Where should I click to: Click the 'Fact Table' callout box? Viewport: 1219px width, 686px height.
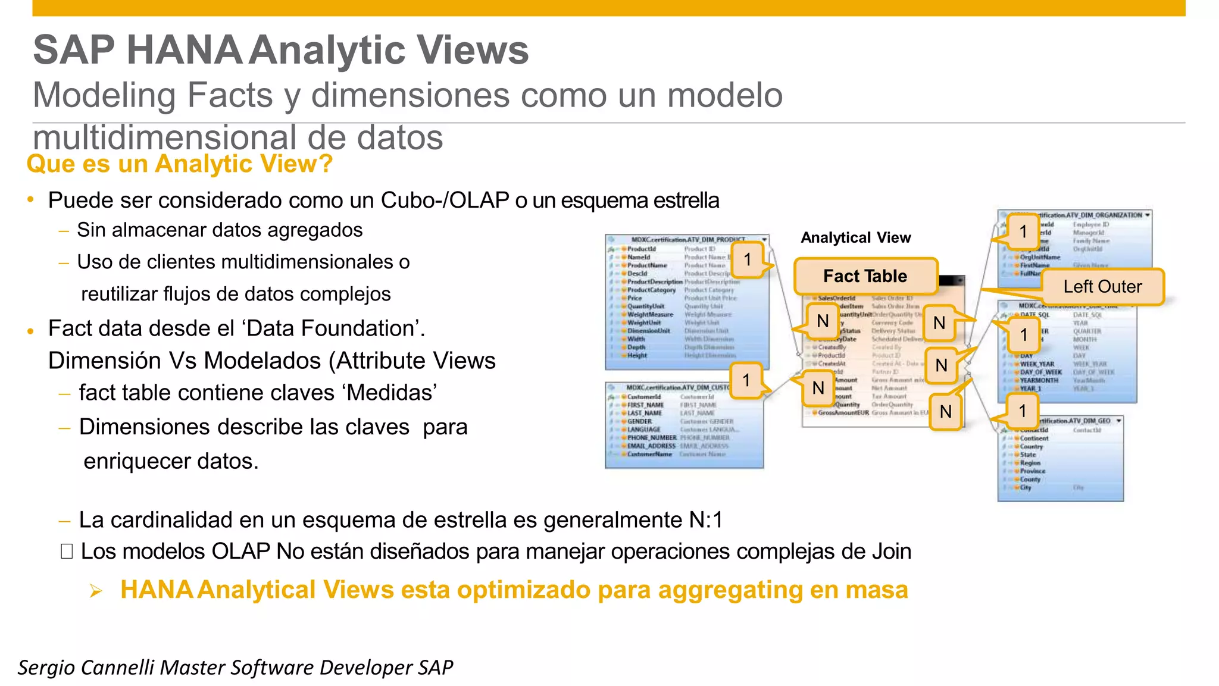click(x=865, y=276)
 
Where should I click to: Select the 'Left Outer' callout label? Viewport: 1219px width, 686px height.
click(x=1102, y=287)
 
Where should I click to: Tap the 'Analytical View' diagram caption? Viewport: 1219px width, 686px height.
click(x=855, y=238)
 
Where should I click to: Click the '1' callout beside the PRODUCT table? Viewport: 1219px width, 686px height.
click(x=748, y=259)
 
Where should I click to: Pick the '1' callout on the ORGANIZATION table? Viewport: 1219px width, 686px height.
click(x=1023, y=231)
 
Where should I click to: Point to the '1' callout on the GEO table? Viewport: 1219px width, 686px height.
click(x=1023, y=411)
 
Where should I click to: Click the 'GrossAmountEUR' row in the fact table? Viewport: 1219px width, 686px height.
click(x=843, y=413)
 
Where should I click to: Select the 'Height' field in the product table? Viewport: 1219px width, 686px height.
click(x=637, y=355)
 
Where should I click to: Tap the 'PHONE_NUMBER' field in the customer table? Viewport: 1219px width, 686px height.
click(x=651, y=437)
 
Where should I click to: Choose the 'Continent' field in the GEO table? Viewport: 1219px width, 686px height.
click(x=1034, y=438)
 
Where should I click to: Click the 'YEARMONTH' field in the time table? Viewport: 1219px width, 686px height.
click(x=1039, y=380)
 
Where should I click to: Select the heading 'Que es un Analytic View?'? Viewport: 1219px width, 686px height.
click(x=179, y=164)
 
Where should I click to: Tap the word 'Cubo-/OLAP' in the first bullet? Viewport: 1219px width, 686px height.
click(x=445, y=201)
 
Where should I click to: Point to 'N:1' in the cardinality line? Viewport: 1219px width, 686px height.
click(x=706, y=520)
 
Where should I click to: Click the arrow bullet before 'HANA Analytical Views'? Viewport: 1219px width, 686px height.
click(x=96, y=591)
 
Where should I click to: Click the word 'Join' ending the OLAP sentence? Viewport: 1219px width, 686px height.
click(x=892, y=552)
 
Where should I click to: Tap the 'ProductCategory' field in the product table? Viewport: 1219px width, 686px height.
click(x=651, y=290)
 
